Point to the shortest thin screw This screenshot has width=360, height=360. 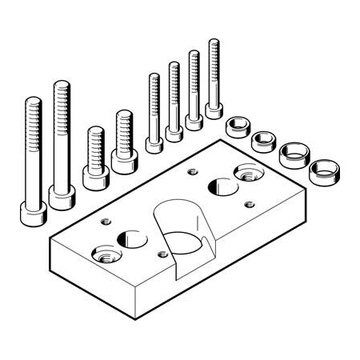click(x=154, y=112)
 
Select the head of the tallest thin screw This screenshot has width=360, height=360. click(x=214, y=108)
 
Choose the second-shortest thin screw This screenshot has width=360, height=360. click(x=174, y=100)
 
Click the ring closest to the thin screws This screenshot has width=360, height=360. click(x=237, y=126)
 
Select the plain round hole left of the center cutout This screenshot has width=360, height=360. click(x=130, y=238)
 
